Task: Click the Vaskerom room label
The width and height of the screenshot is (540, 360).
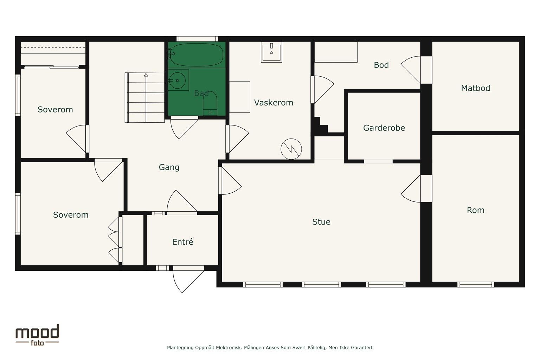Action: click(x=274, y=103)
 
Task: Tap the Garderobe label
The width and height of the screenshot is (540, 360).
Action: click(x=384, y=128)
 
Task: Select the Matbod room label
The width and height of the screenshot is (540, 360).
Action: click(x=475, y=88)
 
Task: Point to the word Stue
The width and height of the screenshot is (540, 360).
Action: click(x=321, y=222)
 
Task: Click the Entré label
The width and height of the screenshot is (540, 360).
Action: click(x=182, y=242)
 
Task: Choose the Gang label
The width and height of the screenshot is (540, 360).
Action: click(x=169, y=167)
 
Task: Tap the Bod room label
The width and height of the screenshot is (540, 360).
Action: click(x=381, y=65)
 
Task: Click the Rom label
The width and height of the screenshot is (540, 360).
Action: click(x=475, y=210)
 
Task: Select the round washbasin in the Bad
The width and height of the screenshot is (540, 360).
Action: click(x=178, y=80)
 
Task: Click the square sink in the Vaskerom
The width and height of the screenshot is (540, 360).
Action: click(x=271, y=52)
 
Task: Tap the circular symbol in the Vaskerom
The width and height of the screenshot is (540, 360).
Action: click(x=291, y=149)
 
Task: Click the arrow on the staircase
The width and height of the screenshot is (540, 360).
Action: click(x=146, y=98)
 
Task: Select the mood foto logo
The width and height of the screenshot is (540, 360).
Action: click(x=37, y=335)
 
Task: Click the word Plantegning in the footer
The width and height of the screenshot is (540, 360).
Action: click(x=180, y=348)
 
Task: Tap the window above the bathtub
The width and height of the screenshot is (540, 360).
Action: click(x=197, y=39)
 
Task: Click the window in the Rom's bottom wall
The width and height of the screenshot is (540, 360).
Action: click(x=476, y=284)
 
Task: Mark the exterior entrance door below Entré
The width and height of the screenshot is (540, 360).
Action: click(x=188, y=279)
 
